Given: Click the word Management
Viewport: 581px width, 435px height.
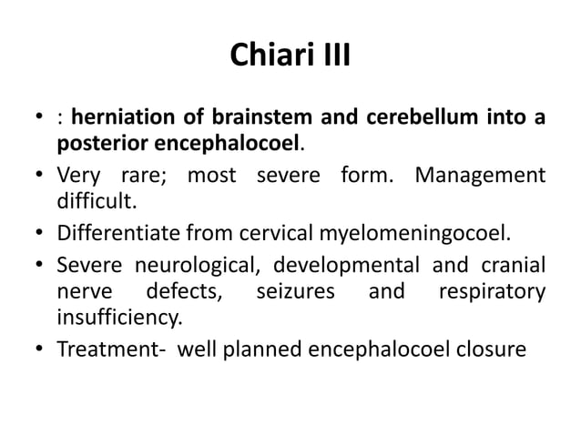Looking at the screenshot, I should [480, 174].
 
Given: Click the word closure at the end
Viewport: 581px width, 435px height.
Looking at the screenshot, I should [493, 349].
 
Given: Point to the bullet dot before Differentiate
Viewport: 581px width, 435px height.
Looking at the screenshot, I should [40, 228].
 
